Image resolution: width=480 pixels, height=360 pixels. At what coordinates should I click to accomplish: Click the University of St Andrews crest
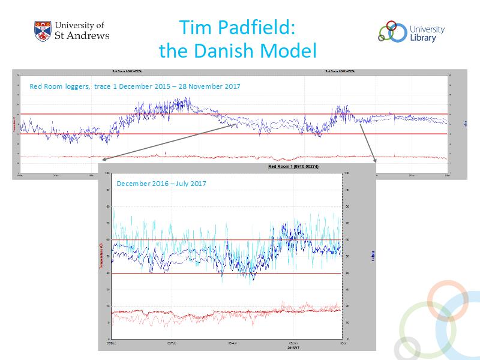pyautogui.click(x=43, y=31)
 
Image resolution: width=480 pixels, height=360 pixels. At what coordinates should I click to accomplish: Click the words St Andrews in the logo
pyautogui.click(x=82, y=35)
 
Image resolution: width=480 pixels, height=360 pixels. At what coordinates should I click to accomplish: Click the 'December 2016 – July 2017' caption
pyautogui.click(x=161, y=183)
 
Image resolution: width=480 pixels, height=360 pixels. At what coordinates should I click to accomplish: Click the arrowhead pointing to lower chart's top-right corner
pyautogui.click(x=374, y=160)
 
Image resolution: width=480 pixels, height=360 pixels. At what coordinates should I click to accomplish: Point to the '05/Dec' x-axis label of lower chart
pyautogui.click(x=111, y=343)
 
